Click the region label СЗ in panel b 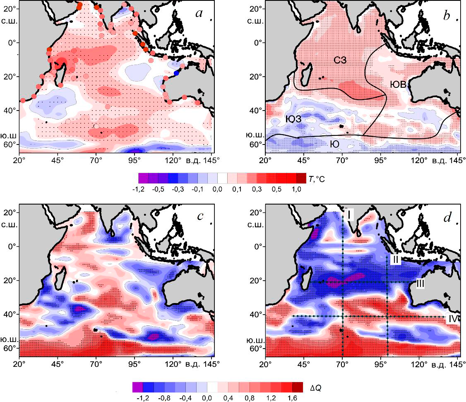340,60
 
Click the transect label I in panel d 349,215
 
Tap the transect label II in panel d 396,260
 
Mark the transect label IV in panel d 453,319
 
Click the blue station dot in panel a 177,73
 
